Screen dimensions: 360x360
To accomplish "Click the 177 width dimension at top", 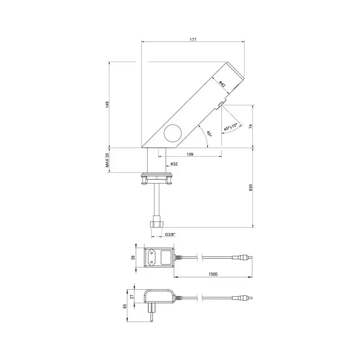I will click(193, 40).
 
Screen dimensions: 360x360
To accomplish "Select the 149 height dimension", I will click(107, 104).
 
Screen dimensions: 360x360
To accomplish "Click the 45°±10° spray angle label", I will click(230, 127).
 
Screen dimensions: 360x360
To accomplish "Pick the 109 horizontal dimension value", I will click(189, 154).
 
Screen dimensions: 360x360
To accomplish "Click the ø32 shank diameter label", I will click(174, 164).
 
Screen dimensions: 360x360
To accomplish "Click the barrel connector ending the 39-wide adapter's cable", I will click(242, 258).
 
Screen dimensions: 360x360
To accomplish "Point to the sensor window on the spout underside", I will click(220, 105).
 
